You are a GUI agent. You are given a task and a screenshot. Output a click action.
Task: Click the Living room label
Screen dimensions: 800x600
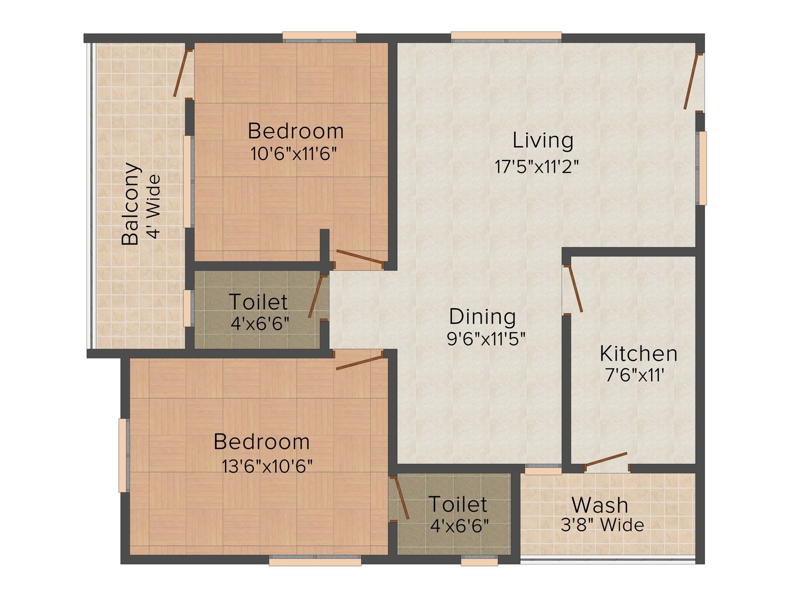tap(543, 141)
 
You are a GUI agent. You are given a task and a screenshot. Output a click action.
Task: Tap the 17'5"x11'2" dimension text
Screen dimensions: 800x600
tap(537, 167)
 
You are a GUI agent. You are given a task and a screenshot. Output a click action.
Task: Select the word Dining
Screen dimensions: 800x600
tap(482, 317)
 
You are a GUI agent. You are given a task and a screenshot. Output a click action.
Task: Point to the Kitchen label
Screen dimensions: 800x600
tap(638, 354)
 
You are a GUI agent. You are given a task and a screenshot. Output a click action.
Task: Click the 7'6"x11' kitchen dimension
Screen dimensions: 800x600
tap(635, 375)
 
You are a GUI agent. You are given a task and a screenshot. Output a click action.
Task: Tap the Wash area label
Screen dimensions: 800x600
tap(599, 505)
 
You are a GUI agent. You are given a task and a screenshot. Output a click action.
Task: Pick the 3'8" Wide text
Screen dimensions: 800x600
tap(602, 525)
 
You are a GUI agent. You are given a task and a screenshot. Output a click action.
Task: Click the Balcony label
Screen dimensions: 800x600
tap(131, 204)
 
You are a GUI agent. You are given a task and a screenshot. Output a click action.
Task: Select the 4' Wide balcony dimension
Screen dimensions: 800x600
tap(153, 206)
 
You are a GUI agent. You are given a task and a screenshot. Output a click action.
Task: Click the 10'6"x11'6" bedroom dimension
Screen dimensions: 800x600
tap(293, 154)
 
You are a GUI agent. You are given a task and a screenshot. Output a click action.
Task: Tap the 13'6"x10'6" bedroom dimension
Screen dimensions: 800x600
tap(267, 466)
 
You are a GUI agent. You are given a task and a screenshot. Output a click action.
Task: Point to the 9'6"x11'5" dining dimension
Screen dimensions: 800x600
tap(486, 339)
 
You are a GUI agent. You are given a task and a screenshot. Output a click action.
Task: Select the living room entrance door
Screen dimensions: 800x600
tap(691, 82)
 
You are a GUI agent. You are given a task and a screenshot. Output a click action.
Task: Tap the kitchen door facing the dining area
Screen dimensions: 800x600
tap(575, 289)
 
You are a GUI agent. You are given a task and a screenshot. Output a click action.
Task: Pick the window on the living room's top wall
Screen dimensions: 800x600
tap(506, 37)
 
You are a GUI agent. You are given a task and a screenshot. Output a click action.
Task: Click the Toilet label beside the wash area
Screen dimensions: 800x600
tap(458, 504)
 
